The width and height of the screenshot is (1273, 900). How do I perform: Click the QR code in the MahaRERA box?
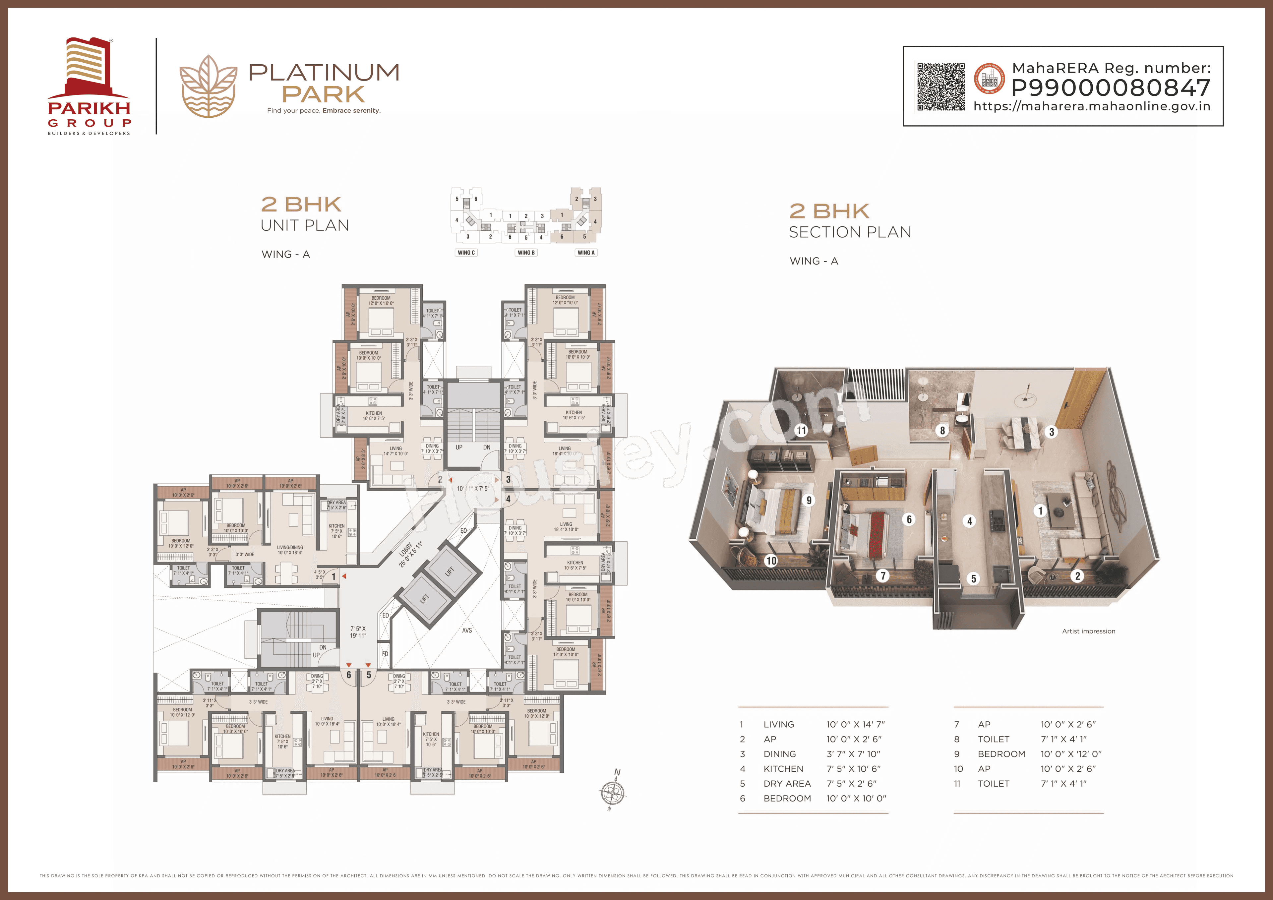[x=940, y=87]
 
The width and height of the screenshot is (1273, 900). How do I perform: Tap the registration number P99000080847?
[x=1111, y=88]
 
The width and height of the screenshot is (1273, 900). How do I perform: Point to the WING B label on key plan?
[x=526, y=253]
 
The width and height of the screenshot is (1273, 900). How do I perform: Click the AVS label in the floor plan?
[x=467, y=630]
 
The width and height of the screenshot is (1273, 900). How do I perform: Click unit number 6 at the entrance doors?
[x=349, y=675]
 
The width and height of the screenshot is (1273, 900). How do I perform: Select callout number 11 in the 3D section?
[x=801, y=430]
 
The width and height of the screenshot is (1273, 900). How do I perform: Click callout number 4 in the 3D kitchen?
[x=969, y=521]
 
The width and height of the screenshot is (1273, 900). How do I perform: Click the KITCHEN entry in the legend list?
[x=783, y=769]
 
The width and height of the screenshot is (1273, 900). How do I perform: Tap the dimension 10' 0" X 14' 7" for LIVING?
[x=856, y=724]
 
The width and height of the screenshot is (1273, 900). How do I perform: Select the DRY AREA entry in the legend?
[x=787, y=784]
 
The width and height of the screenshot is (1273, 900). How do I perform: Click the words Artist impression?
[x=1088, y=631]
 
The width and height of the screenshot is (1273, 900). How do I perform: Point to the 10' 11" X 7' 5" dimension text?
[x=473, y=489]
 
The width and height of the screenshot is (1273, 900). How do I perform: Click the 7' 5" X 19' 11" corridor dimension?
[x=358, y=632]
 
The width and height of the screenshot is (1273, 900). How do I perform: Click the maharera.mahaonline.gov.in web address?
[x=1092, y=106]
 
